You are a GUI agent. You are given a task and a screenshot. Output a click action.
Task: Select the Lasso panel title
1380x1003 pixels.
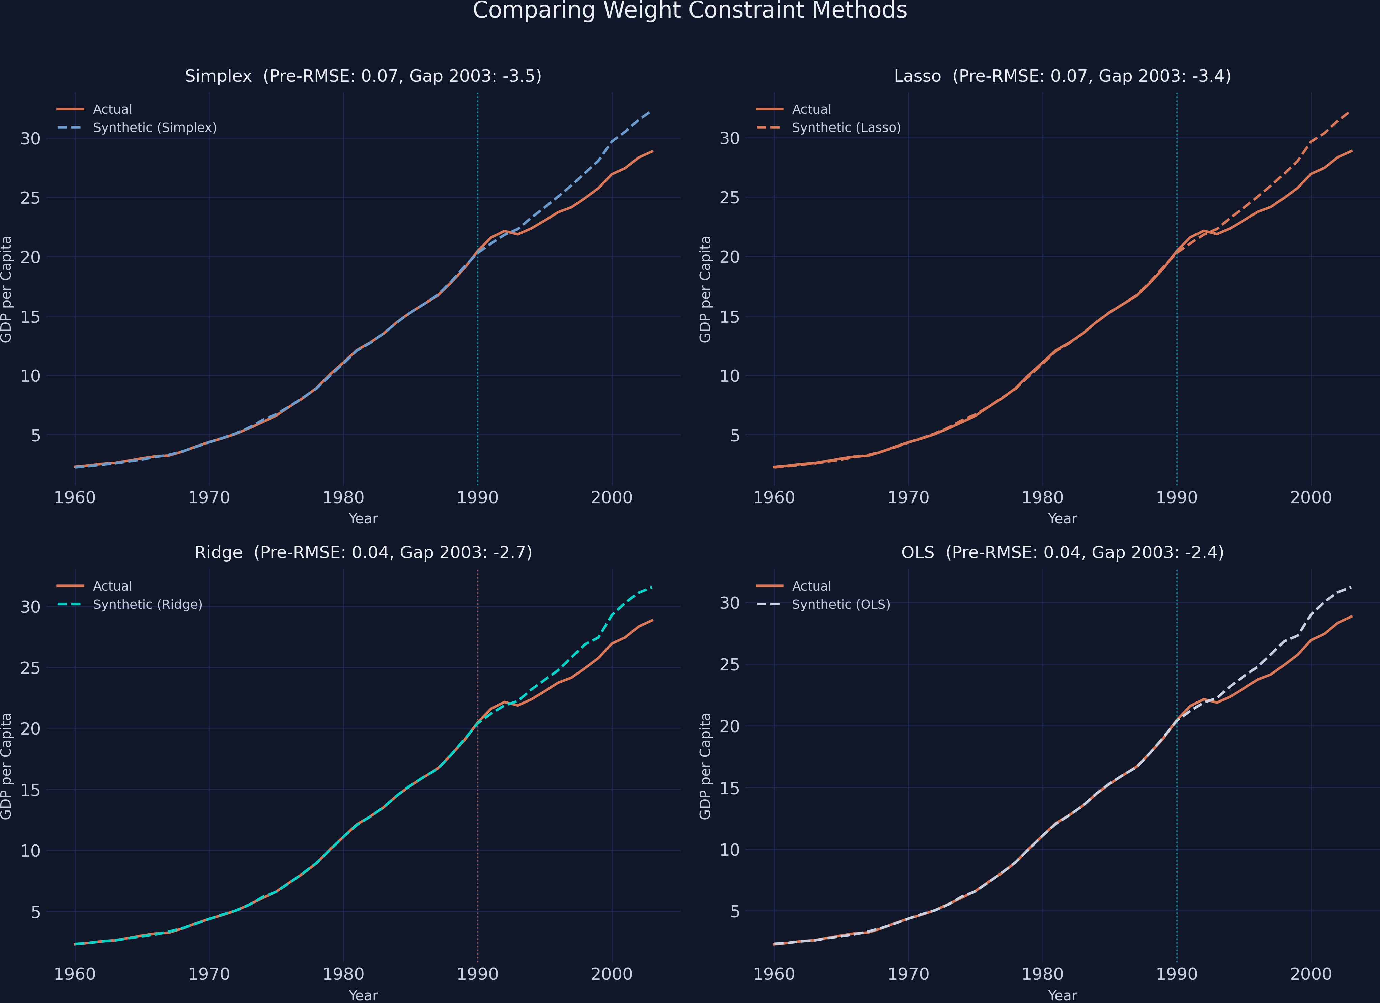[1062, 76]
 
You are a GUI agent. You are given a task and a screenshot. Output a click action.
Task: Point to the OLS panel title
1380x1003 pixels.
[1062, 552]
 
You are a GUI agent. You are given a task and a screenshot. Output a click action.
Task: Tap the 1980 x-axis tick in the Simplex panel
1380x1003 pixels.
[343, 497]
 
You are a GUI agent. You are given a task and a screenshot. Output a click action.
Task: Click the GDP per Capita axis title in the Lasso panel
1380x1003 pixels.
[705, 289]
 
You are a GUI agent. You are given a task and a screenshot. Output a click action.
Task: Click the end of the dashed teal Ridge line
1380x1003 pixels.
[652, 587]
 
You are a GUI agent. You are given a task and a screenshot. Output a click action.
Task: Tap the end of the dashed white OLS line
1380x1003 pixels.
[1351, 587]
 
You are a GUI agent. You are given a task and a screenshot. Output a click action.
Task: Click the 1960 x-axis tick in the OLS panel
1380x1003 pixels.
[774, 974]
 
